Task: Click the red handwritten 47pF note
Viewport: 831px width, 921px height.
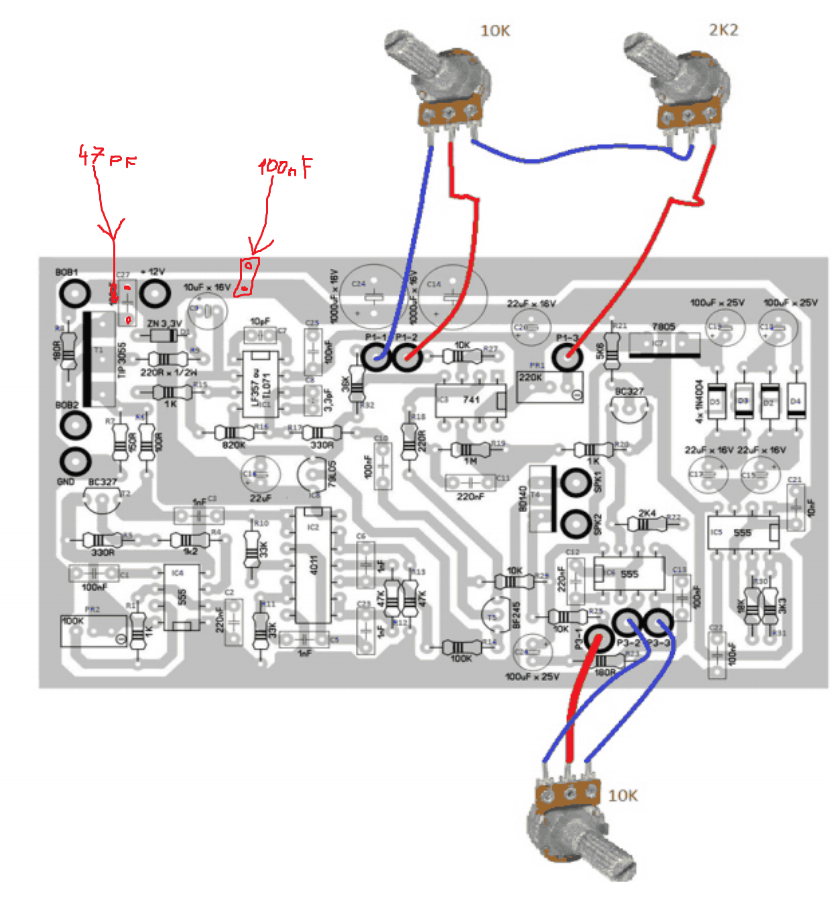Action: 107,158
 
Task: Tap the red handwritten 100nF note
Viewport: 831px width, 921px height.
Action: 285,167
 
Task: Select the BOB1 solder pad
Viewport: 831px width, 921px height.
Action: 74,294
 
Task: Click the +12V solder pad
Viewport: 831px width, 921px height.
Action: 154,294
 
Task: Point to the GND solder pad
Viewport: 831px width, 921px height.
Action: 74,461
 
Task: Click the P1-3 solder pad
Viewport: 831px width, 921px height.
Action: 567,355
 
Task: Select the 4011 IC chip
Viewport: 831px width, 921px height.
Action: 314,565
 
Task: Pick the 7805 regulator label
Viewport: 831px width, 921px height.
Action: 663,327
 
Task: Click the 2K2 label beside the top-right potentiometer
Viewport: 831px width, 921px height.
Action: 723,30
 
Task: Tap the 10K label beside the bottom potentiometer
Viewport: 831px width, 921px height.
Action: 623,796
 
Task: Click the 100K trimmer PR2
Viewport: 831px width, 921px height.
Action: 94,631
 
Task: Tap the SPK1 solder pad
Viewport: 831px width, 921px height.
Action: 575,483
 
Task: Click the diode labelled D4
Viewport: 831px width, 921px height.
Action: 795,402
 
